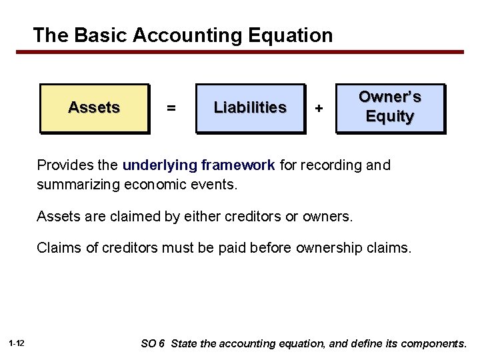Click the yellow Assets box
coord(94,108)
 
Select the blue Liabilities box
coord(250,108)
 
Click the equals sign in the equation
coord(171,108)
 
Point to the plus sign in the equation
coord(319,108)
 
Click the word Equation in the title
coord(288,35)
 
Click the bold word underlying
coord(160,165)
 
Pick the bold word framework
coord(238,165)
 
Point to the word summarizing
coord(79,183)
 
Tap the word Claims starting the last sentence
coord(59,249)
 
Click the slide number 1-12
coord(17,343)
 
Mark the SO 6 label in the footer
coord(153,343)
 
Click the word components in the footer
coord(433,343)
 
